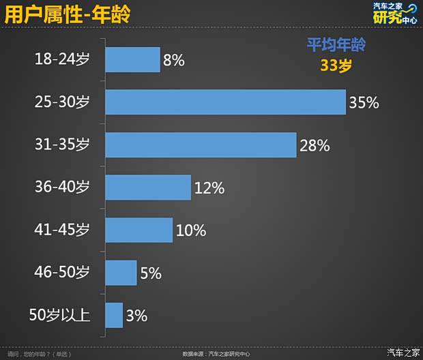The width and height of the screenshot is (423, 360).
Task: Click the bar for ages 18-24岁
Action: pyautogui.click(x=132, y=59)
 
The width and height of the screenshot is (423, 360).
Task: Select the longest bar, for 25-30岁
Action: pyautogui.click(x=225, y=102)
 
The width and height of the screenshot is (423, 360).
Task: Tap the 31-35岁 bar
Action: pyautogui.click(x=201, y=145)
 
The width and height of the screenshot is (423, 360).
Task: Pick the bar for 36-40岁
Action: pyautogui.click(x=148, y=187)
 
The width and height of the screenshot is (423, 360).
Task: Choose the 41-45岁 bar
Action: pyautogui.click(x=138, y=230)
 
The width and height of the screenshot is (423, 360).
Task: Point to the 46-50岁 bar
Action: pyautogui.click(x=121, y=273)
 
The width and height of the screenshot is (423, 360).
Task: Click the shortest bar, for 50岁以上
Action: pyautogui.click(x=114, y=315)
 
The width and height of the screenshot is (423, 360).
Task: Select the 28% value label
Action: pyautogui.click(x=315, y=145)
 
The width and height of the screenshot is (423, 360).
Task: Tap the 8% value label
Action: pyautogui.click(x=174, y=61)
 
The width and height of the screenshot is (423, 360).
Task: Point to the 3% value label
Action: pyautogui.click(x=136, y=316)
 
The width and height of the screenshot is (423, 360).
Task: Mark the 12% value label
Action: pyautogui.click(x=209, y=188)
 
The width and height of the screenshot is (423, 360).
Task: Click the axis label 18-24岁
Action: pyautogui.click(x=62, y=60)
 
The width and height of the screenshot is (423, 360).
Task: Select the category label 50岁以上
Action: pyautogui.click(x=59, y=315)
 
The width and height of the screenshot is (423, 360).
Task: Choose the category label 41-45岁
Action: pyautogui.click(x=62, y=230)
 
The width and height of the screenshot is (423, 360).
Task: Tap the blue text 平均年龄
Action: pyautogui.click(x=335, y=46)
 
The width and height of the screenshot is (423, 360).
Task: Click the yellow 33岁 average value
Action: pyautogui.click(x=335, y=65)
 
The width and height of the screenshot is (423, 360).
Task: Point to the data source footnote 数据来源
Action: pyautogui.click(x=216, y=354)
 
